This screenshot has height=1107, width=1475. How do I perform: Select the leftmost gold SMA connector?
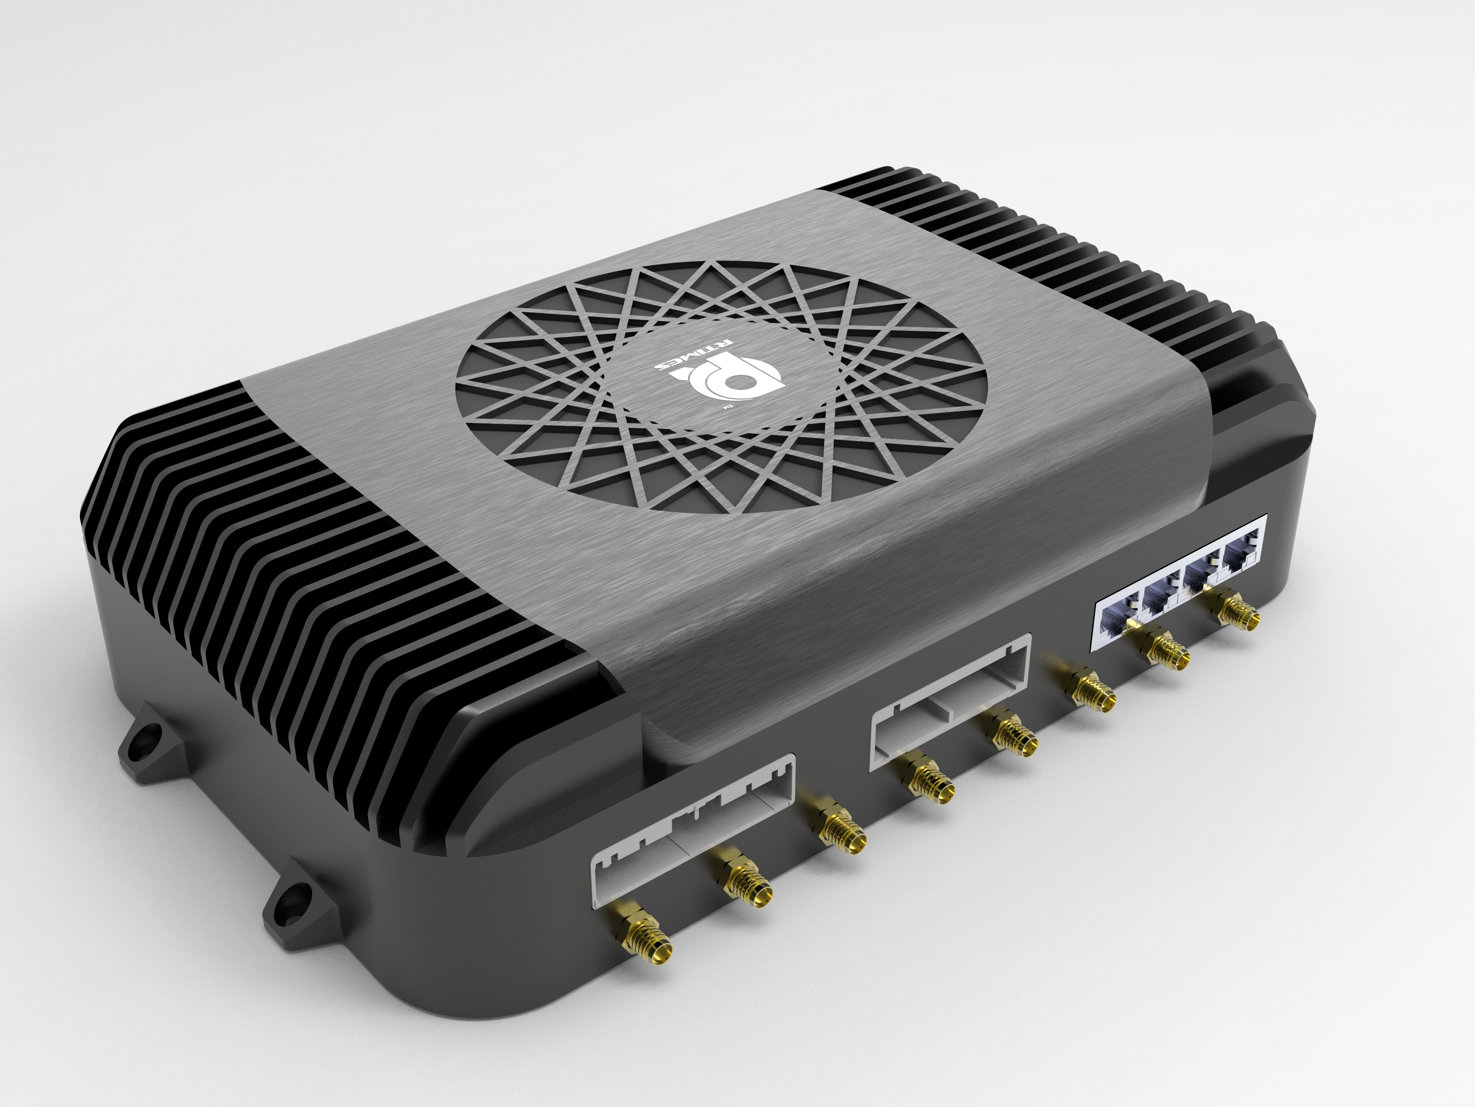click(x=643, y=939)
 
